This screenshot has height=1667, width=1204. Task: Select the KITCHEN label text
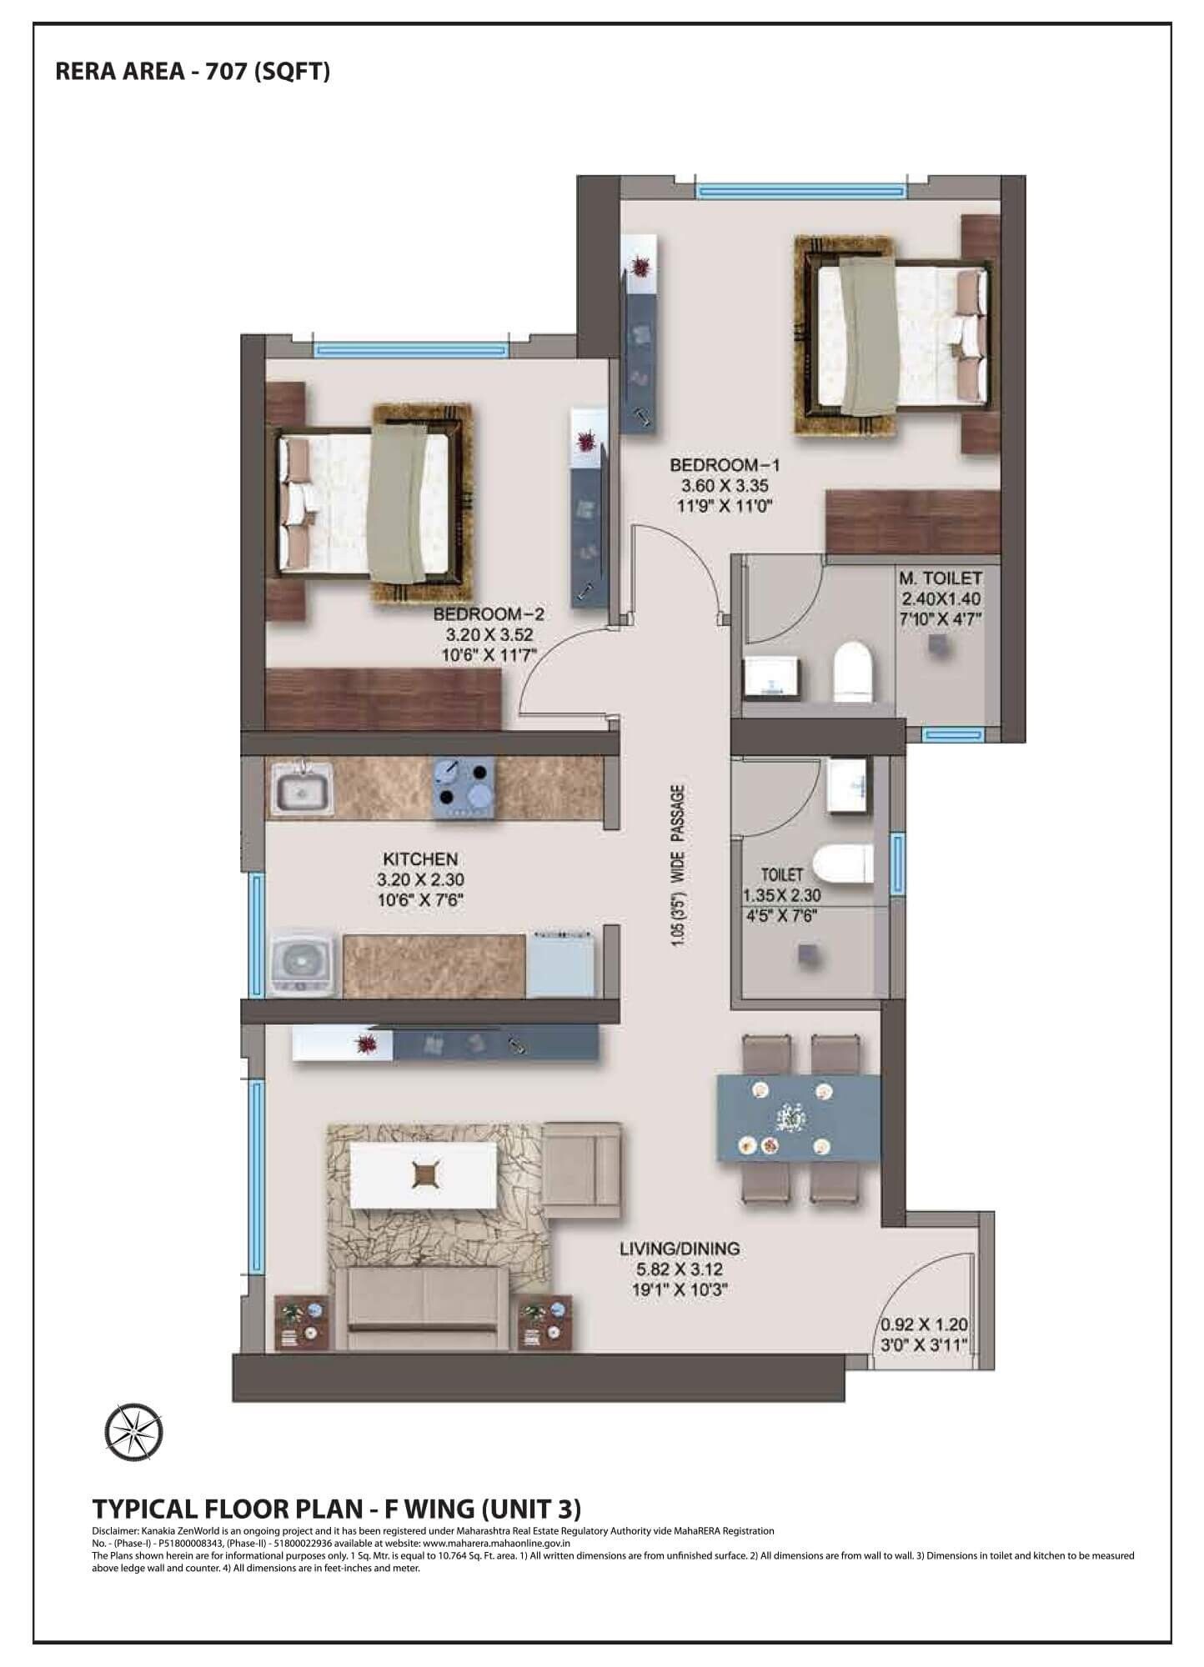pos(419,859)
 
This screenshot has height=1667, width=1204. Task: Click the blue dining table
pos(798,1118)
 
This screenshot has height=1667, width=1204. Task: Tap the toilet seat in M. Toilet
pos(852,668)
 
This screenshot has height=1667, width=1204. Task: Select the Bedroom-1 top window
pos(800,191)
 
